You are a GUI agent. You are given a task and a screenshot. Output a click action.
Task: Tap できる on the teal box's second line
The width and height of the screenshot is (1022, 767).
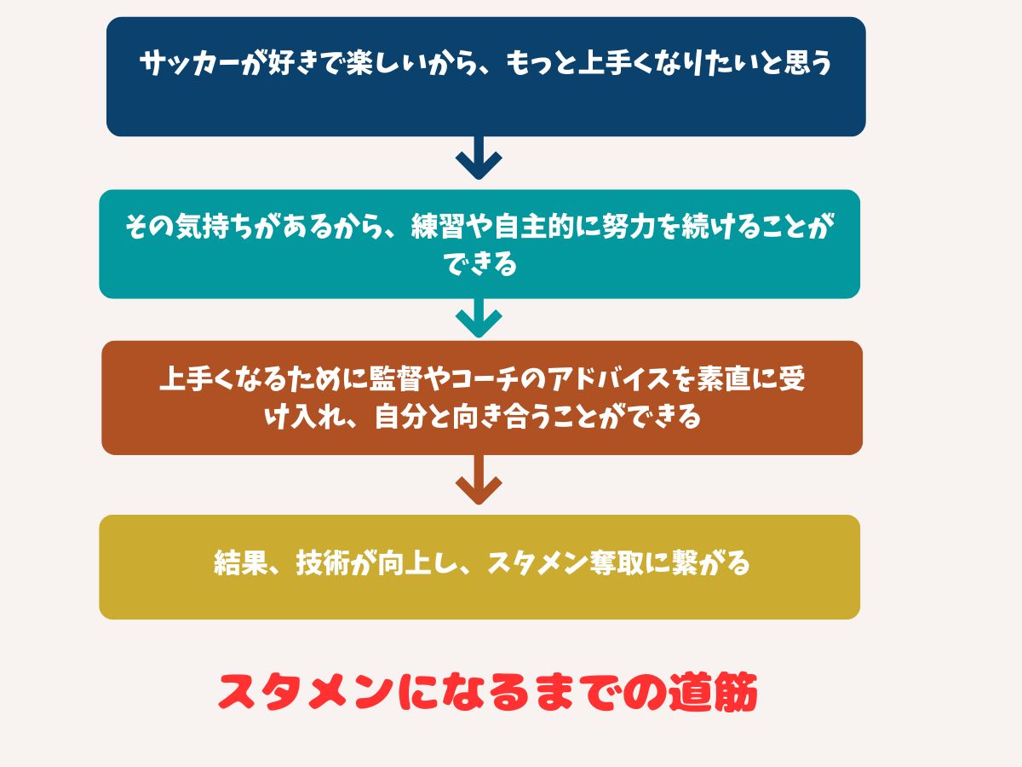(x=479, y=265)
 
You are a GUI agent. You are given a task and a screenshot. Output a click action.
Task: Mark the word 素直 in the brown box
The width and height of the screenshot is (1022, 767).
(x=722, y=380)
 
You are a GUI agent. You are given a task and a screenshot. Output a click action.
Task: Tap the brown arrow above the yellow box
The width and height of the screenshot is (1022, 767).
(x=479, y=481)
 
